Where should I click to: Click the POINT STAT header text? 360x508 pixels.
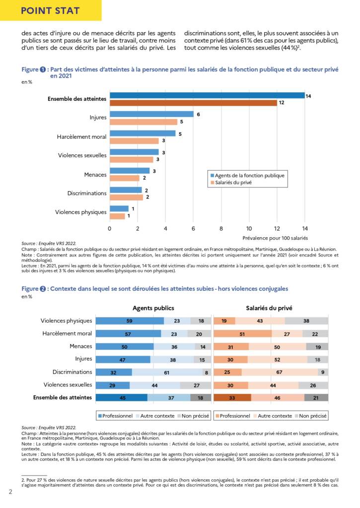point(50,11)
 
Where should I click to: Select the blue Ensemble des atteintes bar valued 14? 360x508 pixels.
point(207,96)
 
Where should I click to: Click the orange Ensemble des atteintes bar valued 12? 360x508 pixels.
point(193,103)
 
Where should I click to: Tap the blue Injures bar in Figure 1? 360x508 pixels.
point(152,115)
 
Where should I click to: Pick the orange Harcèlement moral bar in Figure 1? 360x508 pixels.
point(134,141)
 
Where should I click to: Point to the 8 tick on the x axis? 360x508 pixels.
point(221,229)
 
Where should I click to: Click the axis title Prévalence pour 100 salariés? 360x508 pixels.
point(275,238)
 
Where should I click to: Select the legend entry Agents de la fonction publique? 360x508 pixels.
point(247,176)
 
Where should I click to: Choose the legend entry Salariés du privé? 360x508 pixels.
point(231,183)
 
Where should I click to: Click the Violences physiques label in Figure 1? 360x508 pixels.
point(81,212)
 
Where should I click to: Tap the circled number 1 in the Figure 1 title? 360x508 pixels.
point(43,69)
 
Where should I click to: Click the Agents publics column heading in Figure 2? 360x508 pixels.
point(153,308)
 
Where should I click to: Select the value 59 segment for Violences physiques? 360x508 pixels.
point(130,321)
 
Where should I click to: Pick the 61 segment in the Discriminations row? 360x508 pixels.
point(167,373)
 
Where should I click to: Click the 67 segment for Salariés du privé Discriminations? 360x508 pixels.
point(280,373)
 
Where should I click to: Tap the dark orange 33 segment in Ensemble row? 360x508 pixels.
point(232,398)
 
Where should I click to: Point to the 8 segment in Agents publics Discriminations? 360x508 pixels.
point(207,373)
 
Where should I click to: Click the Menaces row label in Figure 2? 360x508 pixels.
point(81,346)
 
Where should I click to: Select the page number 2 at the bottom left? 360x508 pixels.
point(10,492)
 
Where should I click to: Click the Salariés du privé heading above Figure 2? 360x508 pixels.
point(269,308)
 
